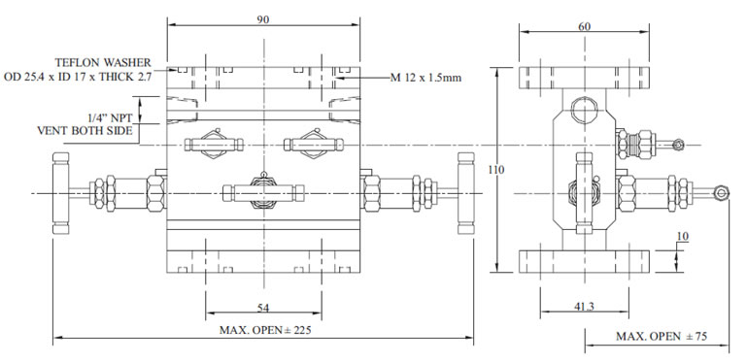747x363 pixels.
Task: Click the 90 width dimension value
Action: (x=263, y=18)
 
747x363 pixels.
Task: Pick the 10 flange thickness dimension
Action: (x=684, y=236)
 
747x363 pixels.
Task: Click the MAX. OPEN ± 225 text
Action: (x=265, y=330)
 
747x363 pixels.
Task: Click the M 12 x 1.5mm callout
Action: (x=428, y=76)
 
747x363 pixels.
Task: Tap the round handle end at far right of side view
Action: (x=720, y=194)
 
